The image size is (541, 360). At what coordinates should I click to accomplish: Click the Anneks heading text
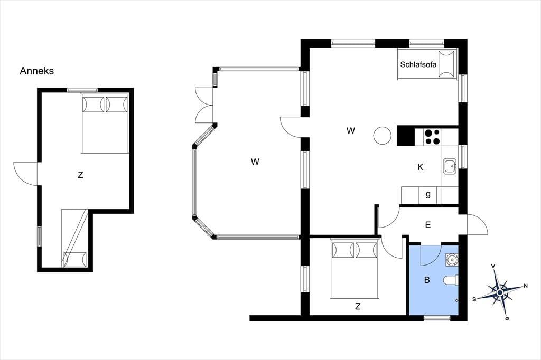coord(36,71)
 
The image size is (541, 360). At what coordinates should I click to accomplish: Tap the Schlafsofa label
coord(418,64)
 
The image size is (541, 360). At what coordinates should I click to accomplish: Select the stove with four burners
coord(432,137)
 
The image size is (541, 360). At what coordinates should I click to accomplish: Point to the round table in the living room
coord(383,135)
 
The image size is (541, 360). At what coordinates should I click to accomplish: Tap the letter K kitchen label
coord(420,167)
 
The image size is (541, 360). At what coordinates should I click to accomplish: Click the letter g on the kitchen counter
coord(428,194)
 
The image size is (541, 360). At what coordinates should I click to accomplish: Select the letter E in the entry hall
coord(428,225)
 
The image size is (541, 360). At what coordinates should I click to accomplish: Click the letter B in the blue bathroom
coord(427,280)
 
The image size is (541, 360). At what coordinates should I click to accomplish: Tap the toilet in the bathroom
coord(452,280)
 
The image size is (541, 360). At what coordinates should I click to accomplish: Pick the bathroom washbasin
coord(452,260)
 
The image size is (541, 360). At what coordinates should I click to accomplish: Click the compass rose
coord(500,292)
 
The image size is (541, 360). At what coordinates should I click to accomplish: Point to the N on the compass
coord(526,286)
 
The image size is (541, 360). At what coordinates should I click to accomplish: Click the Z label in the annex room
coord(80,175)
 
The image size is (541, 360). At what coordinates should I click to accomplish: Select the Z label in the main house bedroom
coord(358,306)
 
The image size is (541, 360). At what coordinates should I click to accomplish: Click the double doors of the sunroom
coord(203,105)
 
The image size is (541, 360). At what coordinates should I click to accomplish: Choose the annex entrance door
coord(25,174)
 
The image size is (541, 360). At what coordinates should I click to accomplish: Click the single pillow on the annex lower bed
coord(75,259)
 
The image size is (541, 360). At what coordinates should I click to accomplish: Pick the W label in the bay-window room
coord(255,162)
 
